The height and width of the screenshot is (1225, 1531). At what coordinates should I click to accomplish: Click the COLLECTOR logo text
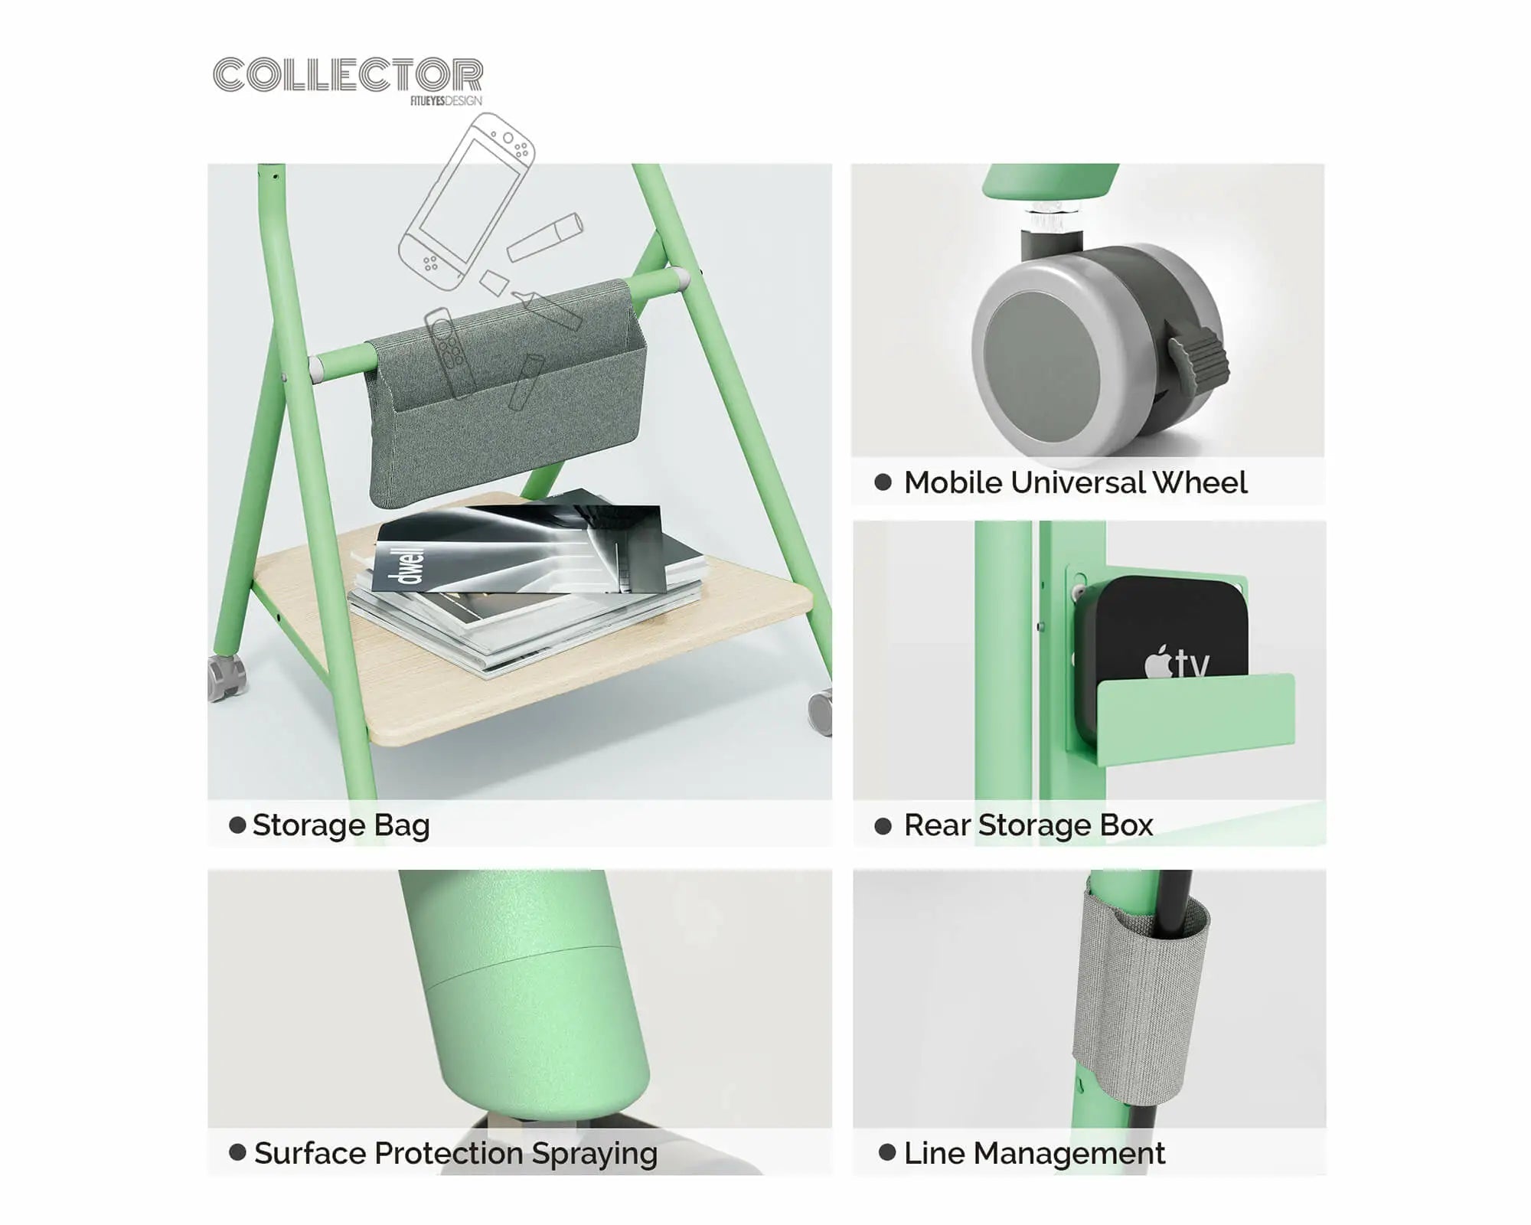click(x=348, y=75)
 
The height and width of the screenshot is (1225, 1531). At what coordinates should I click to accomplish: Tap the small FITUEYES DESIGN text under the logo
click(x=446, y=101)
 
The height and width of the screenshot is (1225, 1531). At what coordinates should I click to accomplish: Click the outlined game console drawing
click(x=467, y=203)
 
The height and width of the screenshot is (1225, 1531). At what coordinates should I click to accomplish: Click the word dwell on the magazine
click(x=411, y=565)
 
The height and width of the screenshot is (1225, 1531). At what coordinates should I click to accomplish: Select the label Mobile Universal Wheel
click(x=1076, y=482)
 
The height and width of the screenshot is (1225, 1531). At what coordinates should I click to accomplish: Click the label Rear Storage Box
click(x=1028, y=825)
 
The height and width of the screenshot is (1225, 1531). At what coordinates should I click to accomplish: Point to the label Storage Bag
click(x=341, y=825)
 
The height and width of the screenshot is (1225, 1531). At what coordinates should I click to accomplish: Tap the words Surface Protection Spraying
click(x=455, y=1153)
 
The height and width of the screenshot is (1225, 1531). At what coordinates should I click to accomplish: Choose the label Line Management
click(x=1034, y=1153)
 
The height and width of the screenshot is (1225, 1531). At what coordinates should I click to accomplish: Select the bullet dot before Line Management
click(x=887, y=1152)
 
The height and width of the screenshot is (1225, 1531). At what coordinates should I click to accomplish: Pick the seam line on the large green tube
click(x=528, y=965)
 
